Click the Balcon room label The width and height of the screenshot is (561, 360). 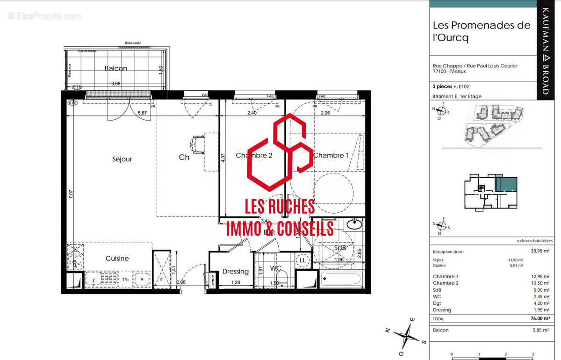click(x=115, y=68)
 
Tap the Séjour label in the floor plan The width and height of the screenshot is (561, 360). click(x=122, y=159)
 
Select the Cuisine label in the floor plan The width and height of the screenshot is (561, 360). click(x=117, y=258)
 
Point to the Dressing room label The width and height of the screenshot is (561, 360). click(x=235, y=271)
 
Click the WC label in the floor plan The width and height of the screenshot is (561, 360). click(x=275, y=268)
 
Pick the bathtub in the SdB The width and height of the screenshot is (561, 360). click(x=341, y=280)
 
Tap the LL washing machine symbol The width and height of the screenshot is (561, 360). click(x=302, y=260)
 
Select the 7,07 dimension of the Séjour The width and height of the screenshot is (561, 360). click(x=70, y=194)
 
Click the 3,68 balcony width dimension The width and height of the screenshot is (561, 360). click(x=115, y=84)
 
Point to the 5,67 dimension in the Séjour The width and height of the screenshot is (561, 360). click(x=142, y=113)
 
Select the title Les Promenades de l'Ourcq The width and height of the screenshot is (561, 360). click(x=482, y=31)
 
